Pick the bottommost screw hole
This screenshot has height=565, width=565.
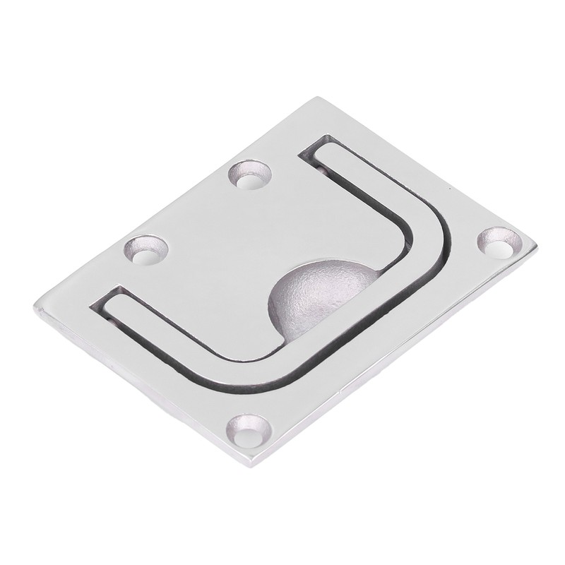tap(249, 432)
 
